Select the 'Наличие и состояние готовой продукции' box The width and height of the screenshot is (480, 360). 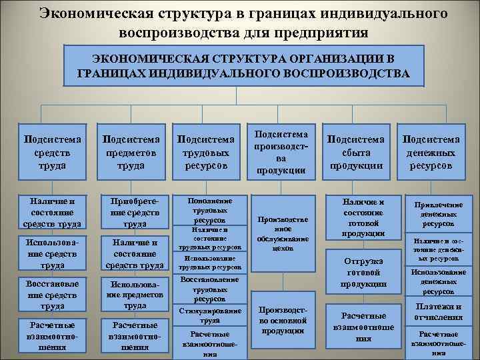click(x=364, y=217)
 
